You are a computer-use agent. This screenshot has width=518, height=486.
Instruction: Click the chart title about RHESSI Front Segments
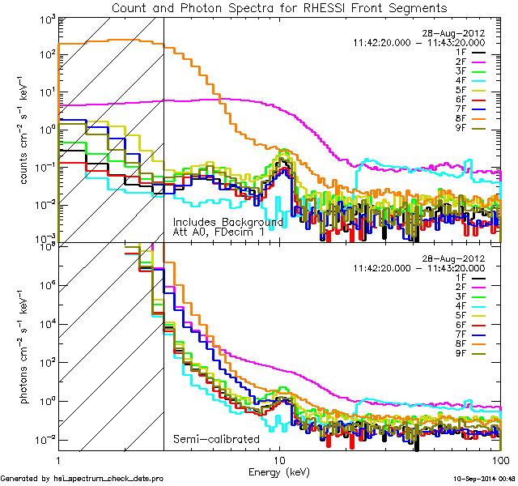pos(279,8)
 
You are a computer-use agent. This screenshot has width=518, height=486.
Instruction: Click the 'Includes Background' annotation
pos(227,222)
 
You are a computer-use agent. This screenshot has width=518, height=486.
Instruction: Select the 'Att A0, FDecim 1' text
pos(218,232)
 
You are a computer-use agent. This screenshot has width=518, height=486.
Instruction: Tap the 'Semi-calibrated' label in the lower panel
pos(216,439)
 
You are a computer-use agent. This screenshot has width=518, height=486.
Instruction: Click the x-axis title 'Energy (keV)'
pos(280,471)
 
